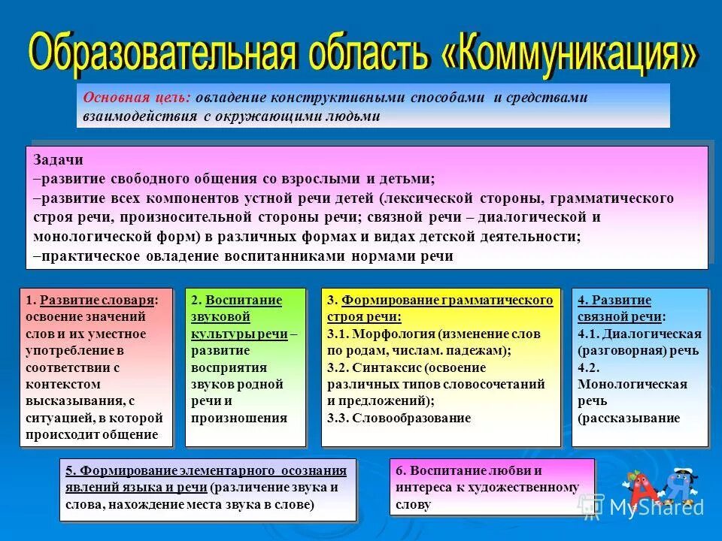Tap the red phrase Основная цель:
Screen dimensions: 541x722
coord(137,98)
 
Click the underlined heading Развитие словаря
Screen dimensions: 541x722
coord(98,300)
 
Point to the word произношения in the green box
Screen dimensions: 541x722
coord(239,418)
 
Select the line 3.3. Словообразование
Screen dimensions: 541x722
coord(399,418)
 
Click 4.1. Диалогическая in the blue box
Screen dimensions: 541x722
coord(639,334)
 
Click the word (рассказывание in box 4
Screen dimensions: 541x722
coord(629,418)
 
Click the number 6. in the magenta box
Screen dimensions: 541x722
coord(401,471)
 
